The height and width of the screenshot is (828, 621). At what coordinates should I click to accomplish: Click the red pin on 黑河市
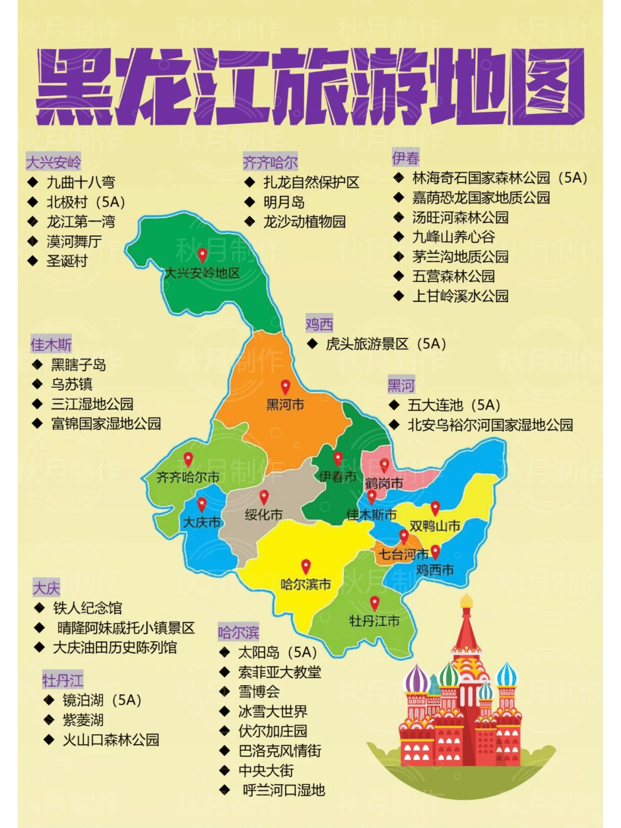(285, 386)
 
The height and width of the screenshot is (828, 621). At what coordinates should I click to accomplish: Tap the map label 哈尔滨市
(305, 585)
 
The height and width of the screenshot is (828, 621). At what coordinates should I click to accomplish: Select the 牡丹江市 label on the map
(374, 621)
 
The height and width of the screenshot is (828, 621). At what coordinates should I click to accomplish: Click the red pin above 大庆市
(202, 504)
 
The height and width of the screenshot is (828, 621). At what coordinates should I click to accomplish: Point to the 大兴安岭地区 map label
(202, 273)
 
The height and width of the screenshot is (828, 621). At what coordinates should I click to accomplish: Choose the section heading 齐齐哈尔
(270, 162)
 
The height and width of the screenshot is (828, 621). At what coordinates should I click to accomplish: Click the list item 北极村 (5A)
(85, 202)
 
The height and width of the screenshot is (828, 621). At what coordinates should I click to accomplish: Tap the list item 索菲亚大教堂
(279, 672)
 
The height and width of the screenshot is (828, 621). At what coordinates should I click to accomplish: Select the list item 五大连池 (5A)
(454, 405)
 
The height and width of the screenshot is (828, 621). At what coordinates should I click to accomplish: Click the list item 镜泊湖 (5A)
(102, 700)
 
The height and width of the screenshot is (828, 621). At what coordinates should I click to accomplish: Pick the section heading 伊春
(405, 158)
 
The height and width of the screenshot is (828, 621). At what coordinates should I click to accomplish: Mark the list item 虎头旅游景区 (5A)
(386, 344)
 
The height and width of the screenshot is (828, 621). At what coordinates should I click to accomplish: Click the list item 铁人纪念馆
(87, 608)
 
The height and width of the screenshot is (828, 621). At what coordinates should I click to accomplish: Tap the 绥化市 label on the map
(264, 515)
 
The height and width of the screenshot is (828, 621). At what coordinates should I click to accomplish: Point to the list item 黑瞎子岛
(78, 365)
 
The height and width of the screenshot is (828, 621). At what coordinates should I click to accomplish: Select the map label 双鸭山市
(435, 526)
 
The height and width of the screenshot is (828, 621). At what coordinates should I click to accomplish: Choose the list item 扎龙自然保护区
(311, 182)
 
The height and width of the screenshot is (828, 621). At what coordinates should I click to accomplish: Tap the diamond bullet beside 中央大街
(225, 770)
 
